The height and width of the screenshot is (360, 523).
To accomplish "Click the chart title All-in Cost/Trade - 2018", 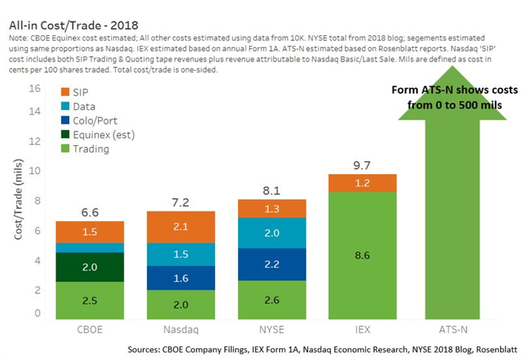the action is coord(73,25).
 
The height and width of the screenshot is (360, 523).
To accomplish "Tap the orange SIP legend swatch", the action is coord(65,92).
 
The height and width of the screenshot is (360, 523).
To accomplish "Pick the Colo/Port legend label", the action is coord(95,120).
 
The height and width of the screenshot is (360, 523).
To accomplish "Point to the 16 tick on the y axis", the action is coord(35,88).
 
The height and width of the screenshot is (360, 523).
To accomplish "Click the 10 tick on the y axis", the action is coord(35,170).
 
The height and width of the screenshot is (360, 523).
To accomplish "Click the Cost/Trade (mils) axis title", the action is coord(18,199).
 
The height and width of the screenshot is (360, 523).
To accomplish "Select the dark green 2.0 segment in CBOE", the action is coord(90,267).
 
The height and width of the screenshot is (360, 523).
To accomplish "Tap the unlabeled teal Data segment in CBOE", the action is coord(90,248).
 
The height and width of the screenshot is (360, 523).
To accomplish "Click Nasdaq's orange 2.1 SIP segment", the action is coord(181,227).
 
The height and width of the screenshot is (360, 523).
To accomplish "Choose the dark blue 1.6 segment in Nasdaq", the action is coord(181,278).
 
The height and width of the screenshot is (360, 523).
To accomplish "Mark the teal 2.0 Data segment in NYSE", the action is coord(272,233).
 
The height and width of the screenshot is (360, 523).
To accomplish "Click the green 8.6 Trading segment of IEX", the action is coord(363,255).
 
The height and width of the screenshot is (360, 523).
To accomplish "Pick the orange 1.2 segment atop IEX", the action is coord(363,183).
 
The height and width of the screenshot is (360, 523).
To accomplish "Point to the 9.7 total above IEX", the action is coord(362,165).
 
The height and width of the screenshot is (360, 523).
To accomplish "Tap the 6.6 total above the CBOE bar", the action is coord(90,212).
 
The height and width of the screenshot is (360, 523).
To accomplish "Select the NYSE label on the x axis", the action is coord(272,330).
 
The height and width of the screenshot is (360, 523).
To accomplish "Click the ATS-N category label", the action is coord(453,330).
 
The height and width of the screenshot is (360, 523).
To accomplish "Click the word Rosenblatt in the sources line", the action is coord(496,349).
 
